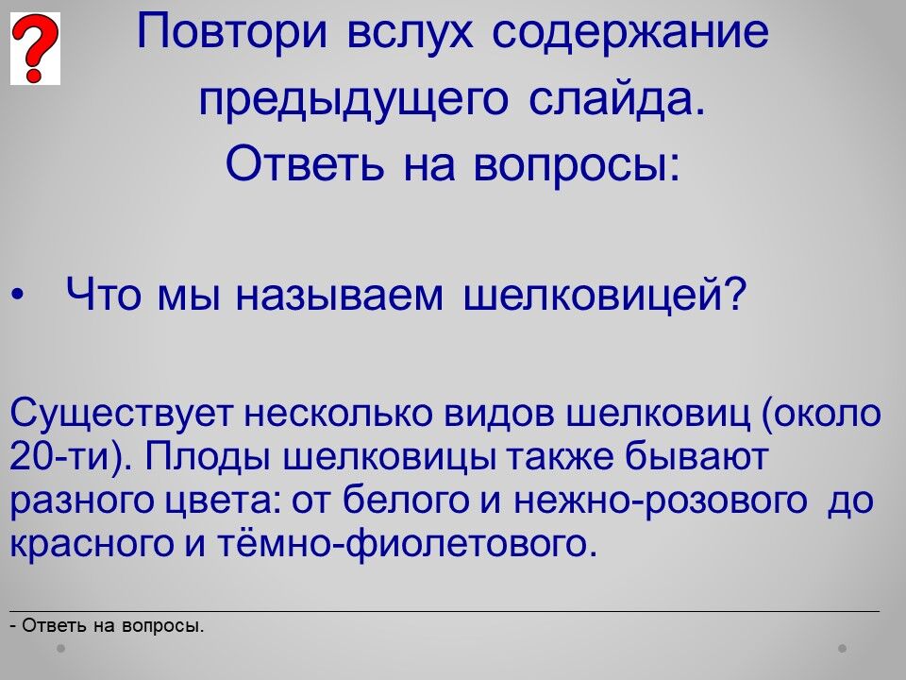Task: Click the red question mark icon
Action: click(35, 48)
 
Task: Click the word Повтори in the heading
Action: click(232, 32)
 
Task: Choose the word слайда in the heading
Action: click(616, 99)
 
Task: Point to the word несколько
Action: click(339, 414)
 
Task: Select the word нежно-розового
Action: click(661, 501)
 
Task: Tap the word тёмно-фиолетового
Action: click(407, 544)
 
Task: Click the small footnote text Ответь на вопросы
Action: click(108, 626)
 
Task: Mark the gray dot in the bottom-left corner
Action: click(61, 648)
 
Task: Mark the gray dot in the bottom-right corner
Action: click(843, 648)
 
